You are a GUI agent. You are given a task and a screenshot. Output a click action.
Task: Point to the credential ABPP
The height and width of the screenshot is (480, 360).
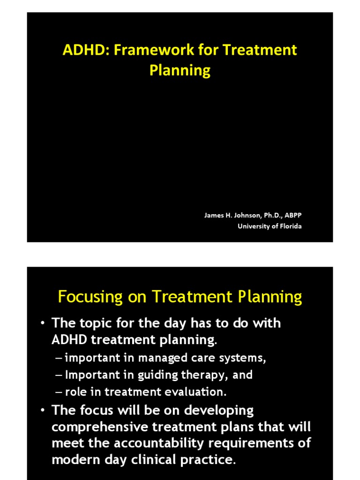coord(299,215)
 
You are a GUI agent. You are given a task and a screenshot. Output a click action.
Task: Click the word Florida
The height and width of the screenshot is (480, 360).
coord(290,226)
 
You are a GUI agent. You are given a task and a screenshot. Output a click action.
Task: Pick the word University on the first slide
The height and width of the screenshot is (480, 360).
coord(254,226)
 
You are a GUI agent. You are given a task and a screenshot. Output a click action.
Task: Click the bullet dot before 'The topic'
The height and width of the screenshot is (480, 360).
coord(42,323)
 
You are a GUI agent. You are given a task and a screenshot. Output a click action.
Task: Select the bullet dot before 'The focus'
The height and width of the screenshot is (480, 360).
coord(42,411)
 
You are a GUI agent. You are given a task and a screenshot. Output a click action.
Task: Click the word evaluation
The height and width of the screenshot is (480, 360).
coord(203,391)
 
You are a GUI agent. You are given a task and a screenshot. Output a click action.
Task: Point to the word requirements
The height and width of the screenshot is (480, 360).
coord(261,443)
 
